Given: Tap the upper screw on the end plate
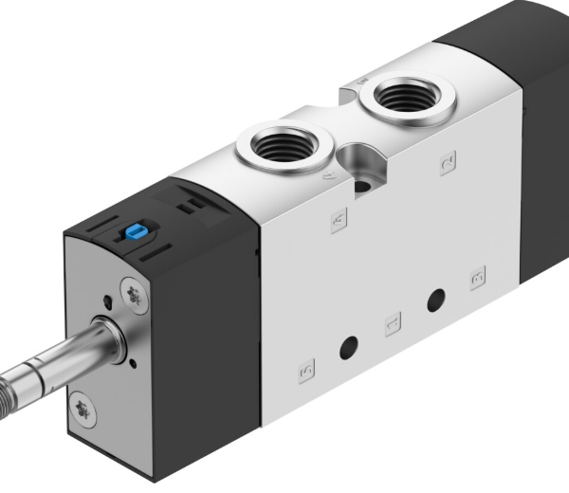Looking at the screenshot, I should click(136, 295).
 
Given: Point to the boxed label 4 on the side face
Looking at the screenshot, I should click(339, 220).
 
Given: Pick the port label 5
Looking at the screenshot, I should click(305, 370).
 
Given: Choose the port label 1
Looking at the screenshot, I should click(393, 326).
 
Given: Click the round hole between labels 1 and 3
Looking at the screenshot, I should click(435, 301).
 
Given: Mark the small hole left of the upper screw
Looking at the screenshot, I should click(108, 302).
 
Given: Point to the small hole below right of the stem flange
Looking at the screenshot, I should click(133, 363).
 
